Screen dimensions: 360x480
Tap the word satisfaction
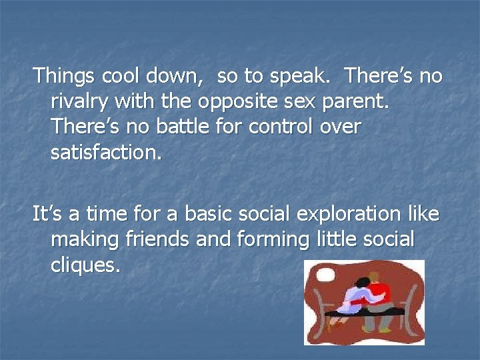106,153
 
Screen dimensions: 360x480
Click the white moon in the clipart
326,275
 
